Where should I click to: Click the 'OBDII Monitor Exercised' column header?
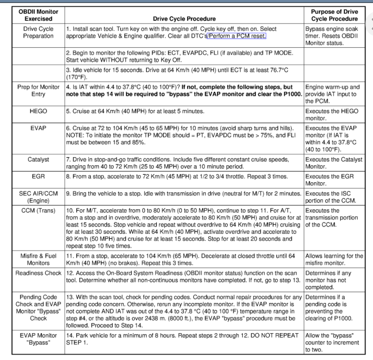38,16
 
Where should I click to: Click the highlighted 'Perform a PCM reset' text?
237,36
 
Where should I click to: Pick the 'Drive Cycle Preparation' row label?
38,33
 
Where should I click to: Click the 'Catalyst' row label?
38,160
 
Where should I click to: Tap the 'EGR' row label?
38,177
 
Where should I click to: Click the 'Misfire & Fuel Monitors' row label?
38,259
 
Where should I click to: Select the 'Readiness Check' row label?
38,273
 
